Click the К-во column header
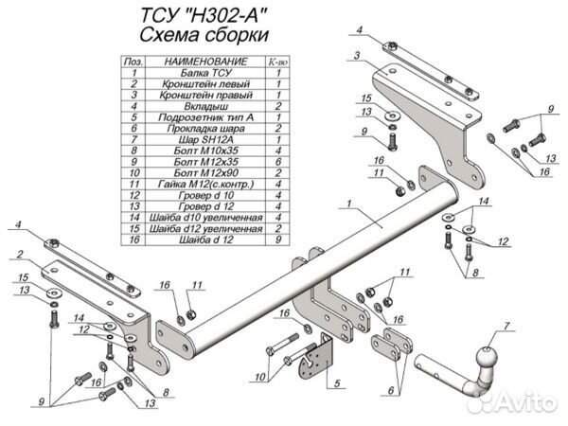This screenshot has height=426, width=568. click(x=278, y=61)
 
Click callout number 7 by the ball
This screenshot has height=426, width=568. click(x=506, y=328)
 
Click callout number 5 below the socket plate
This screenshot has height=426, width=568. click(x=335, y=383)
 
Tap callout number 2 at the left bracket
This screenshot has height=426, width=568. click(x=18, y=254)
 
